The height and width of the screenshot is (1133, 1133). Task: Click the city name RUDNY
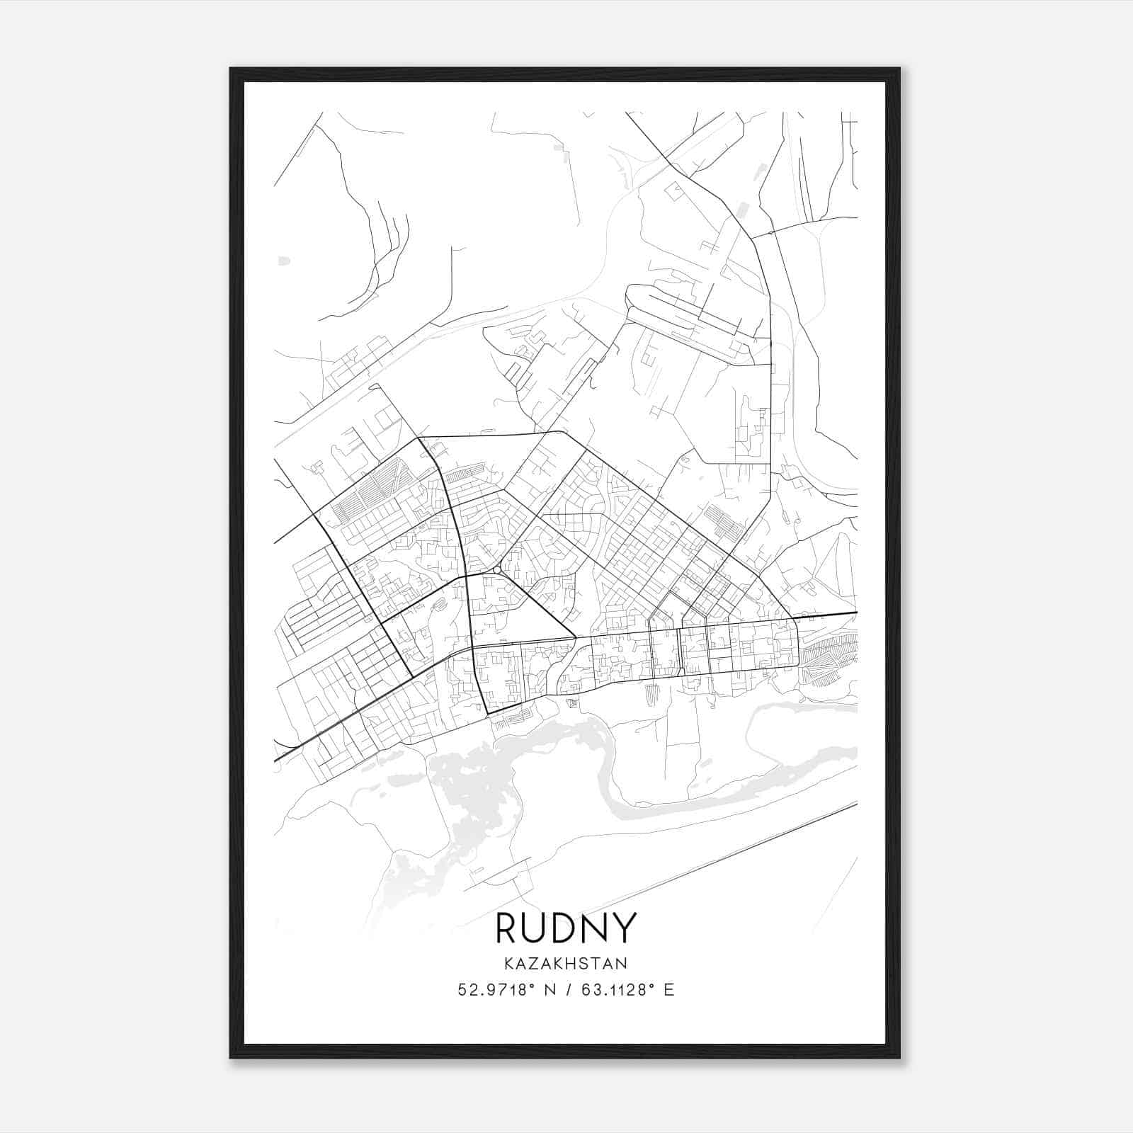[566, 928]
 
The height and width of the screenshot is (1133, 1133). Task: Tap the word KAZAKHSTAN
[566, 964]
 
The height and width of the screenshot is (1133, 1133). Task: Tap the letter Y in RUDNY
[625, 928]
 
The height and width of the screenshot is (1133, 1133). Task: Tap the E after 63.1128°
[669, 990]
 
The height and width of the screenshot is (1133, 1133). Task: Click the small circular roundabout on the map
[497, 569]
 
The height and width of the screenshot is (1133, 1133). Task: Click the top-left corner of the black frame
[232, 69]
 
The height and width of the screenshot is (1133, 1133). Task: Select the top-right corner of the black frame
[899, 69]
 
